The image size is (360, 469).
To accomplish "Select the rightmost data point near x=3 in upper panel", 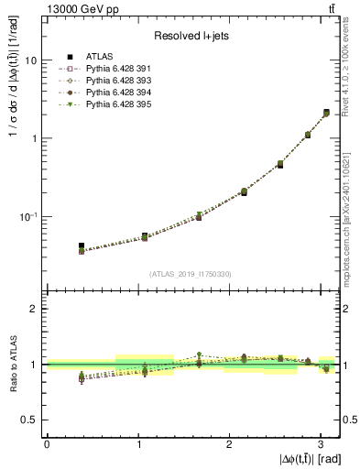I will click(326, 113).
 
